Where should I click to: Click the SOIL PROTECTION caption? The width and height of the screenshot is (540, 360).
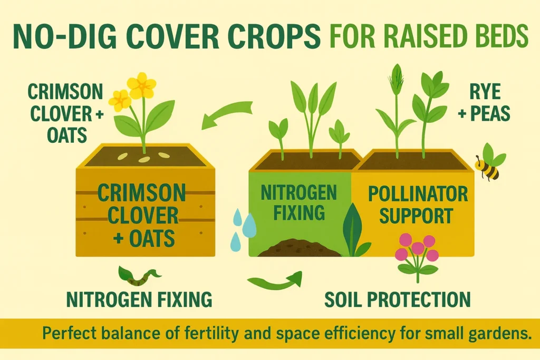(x=397, y=299)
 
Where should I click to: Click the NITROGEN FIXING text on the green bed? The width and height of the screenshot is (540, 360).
(x=299, y=202)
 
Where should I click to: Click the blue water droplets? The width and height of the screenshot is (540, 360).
(x=244, y=227)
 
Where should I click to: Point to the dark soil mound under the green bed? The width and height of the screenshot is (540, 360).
(x=298, y=248)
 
